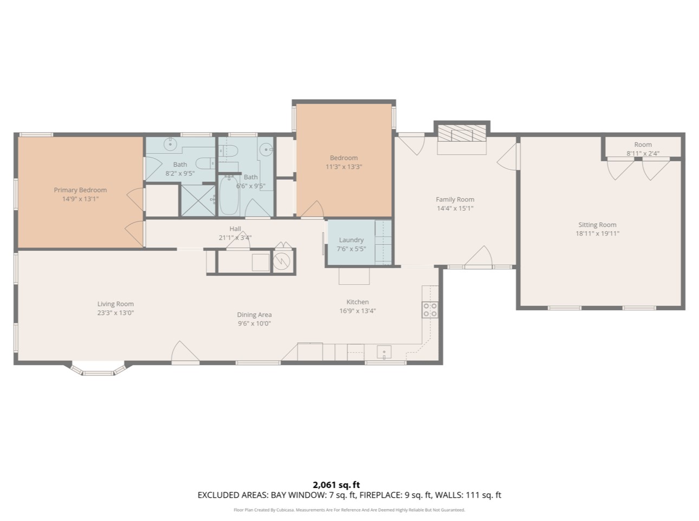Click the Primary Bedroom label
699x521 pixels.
[x=80, y=190]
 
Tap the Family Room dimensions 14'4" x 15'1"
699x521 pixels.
[x=455, y=209]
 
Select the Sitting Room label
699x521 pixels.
[x=598, y=225]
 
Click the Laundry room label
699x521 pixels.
[x=351, y=240]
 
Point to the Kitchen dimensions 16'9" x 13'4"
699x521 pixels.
[x=358, y=311]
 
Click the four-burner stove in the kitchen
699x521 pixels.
[x=430, y=310]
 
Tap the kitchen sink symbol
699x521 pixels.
[x=384, y=352]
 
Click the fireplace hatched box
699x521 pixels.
[x=462, y=133]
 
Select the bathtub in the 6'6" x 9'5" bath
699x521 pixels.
[x=229, y=195]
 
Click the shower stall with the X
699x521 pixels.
[x=198, y=200]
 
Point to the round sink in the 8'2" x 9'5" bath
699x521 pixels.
[x=170, y=144]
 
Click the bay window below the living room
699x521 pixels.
[x=99, y=369]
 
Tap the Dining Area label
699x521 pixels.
[x=254, y=315]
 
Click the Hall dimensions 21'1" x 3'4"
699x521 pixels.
[x=235, y=237]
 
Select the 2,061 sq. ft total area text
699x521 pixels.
[x=336, y=485]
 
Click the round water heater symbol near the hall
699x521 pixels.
[x=282, y=262]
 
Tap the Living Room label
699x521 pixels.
[x=115, y=304]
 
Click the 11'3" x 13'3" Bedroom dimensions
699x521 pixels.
[x=344, y=167]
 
